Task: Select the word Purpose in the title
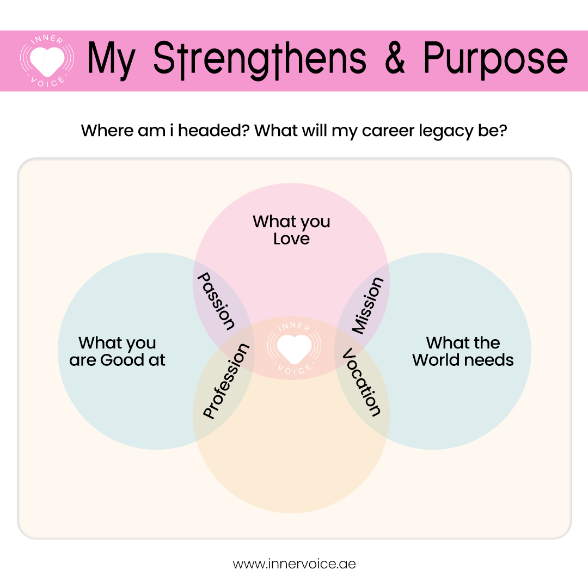click(495, 59)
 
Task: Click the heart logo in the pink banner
click(47, 61)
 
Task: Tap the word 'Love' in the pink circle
click(291, 239)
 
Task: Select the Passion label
click(216, 301)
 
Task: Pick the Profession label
click(226, 381)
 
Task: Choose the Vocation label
click(362, 382)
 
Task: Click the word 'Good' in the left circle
click(122, 360)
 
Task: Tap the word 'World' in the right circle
click(436, 360)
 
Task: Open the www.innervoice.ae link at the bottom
click(294, 564)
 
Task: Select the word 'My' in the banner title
click(112, 59)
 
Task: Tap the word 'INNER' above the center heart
click(295, 326)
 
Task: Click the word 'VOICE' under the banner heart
click(47, 82)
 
